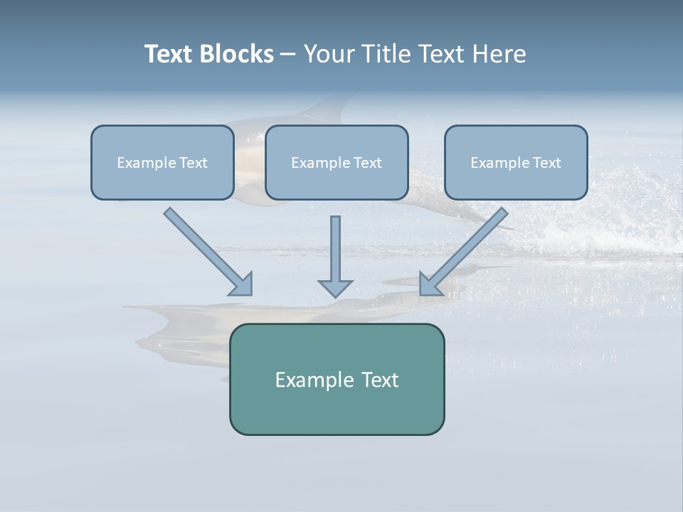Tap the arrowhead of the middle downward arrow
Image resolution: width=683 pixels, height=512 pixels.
[x=335, y=287]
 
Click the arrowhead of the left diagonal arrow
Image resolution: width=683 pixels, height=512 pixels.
[x=242, y=284]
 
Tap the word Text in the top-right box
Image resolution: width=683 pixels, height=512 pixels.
[x=546, y=163]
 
